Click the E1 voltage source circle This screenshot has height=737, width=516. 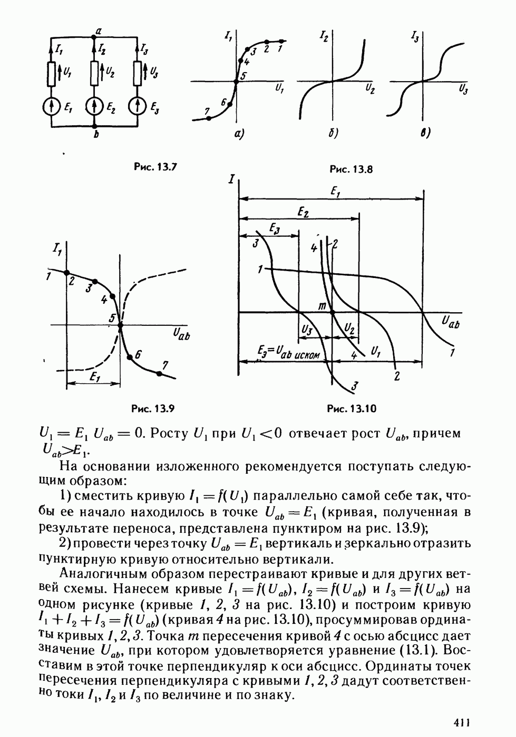(x=51, y=107)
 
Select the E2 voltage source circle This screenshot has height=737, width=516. (x=94, y=107)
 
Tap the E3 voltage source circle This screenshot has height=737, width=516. (x=137, y=107)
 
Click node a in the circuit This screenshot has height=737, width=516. (x=94, y=36)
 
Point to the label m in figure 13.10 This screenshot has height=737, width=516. (x=323, y=306)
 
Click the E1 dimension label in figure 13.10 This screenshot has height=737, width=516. (x=334, y=192)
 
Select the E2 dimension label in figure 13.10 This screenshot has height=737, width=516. (x=302, y=211)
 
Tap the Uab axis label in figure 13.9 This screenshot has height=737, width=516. (x=181, y=333)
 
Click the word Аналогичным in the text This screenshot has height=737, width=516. (x=95, y=573)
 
